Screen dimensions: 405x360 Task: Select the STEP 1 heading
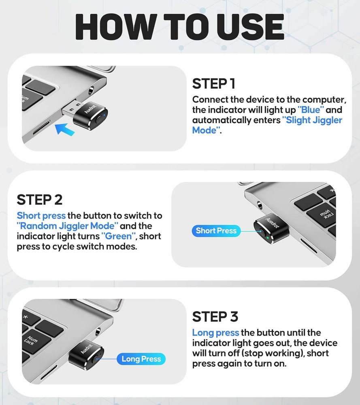pyautogui.click(x=213, y=84)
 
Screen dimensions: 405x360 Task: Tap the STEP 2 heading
pyautogui.click(x=40, y=200)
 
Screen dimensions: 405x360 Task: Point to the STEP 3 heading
pyautogui.click(x=215, y=316)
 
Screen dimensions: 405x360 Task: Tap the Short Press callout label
pyautogui.click(x=216, y=231)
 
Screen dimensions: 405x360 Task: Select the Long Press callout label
pyautogui.click(x=141, y=359)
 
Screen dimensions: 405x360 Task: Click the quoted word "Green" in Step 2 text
pyautogui.click(x=118, y=236)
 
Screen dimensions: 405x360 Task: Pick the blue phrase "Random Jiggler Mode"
pyautogui.click(x=68, y=226)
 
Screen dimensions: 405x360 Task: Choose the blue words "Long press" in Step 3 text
pyautogui.click(x=215, y=333)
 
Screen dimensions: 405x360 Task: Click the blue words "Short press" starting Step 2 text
pyautogui.click(x=41, y=216)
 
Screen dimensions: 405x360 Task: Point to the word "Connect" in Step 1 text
pyautogui.click(x=209, y=100)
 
